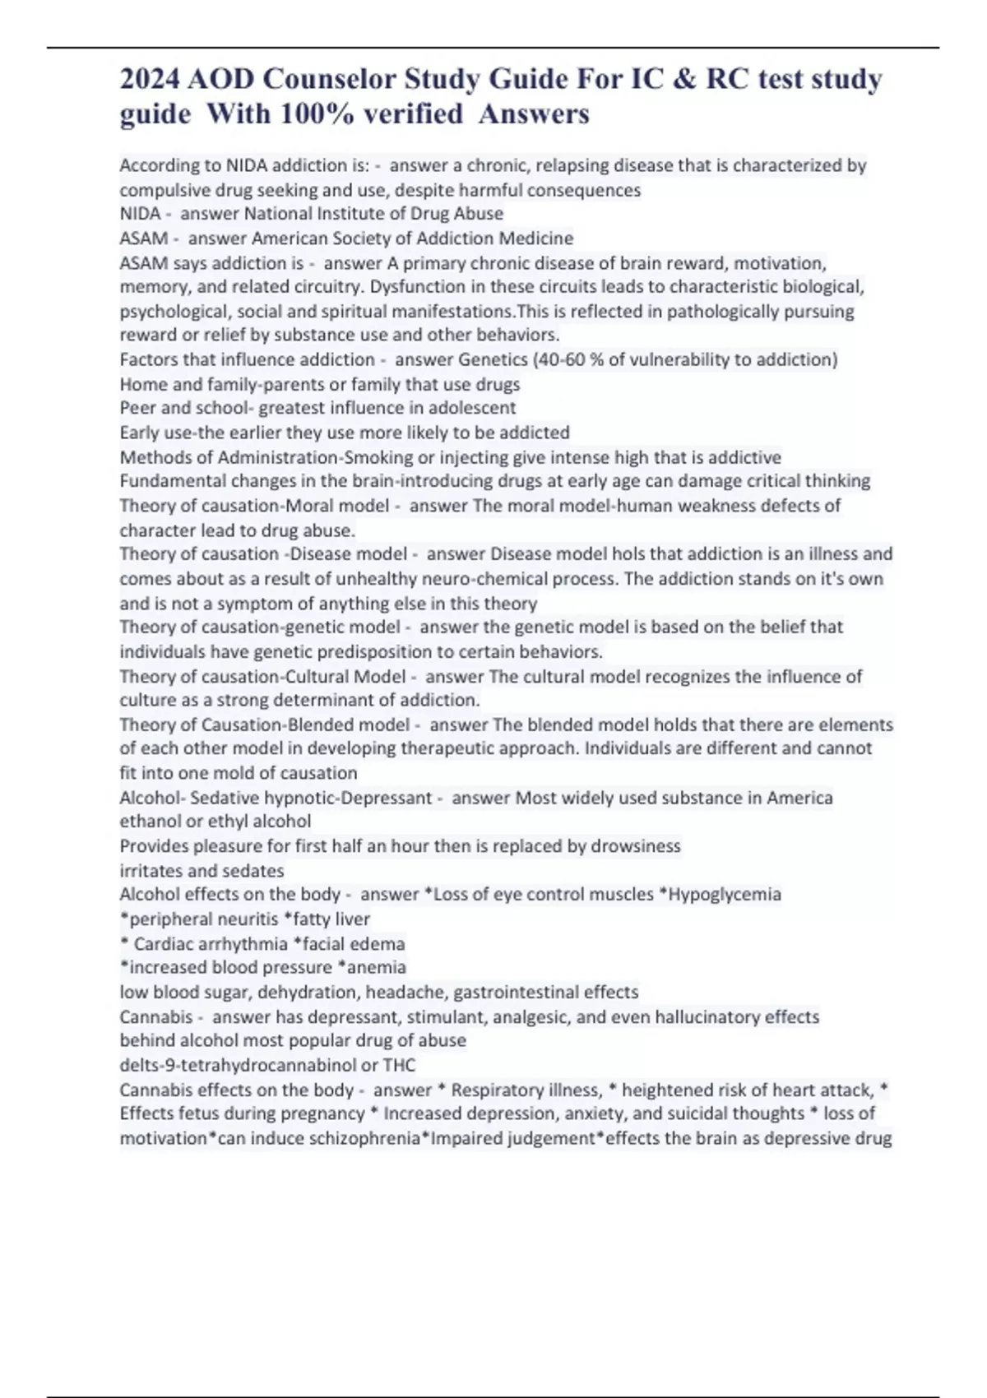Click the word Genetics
coord(493,359)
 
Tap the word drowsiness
coord(636,845)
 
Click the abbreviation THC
coord(400,1065)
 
